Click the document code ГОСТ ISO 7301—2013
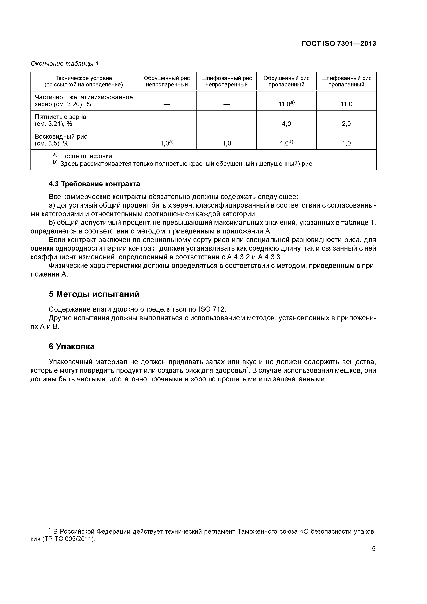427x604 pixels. pos(339,44)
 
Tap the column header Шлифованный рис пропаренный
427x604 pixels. pos(346,81)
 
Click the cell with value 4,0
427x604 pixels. pos(286,124)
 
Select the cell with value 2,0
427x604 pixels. pos(346,124)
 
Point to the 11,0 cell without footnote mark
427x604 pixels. pos(346,104)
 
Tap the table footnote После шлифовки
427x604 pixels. pos(87,156)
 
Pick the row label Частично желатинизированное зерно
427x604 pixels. pos(84,101)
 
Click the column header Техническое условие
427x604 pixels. pos(84,81)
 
